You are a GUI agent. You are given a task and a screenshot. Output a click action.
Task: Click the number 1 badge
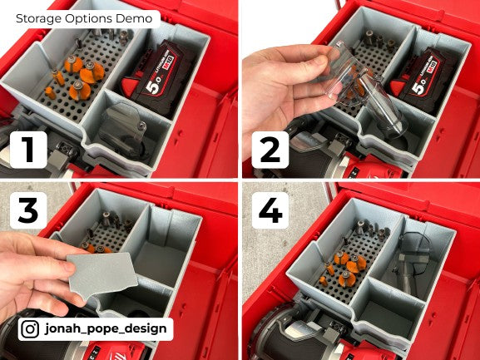(x=29, y=150)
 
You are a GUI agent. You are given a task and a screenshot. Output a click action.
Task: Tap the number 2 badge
(x=267, y=150)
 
